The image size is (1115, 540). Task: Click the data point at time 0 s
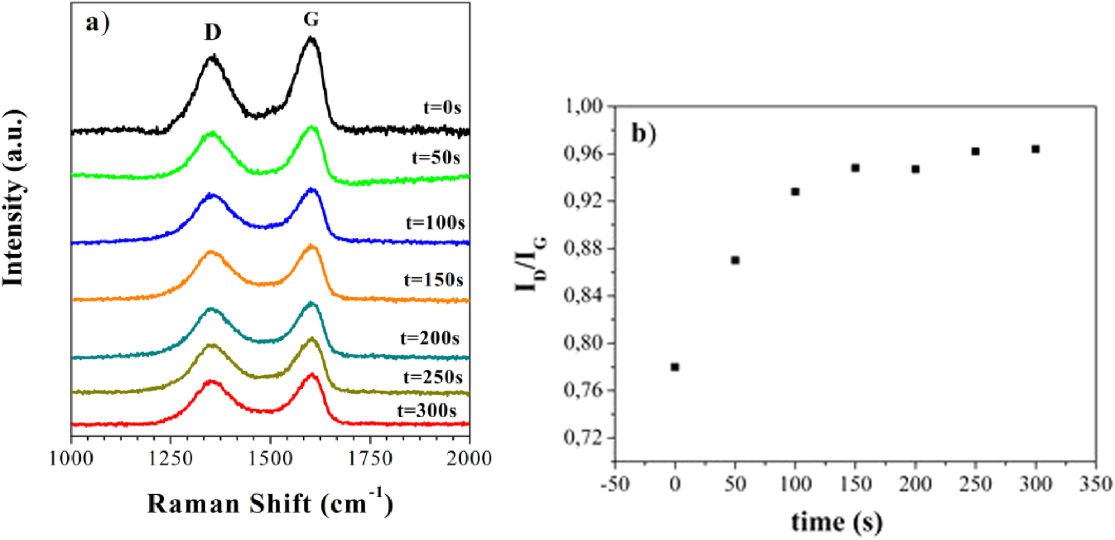tap(675, 367)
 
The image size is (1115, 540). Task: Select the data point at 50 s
tap(735, 261)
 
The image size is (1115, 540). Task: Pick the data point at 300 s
tap(1035, 149)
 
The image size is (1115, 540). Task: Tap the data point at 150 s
tap(855, 168)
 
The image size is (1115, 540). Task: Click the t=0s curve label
tap(442, 108)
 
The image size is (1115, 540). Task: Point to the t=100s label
tap(435, 222)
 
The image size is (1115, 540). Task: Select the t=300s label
tap(427, 411)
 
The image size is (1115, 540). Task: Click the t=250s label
tap(433, 377)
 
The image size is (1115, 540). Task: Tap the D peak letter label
tap(213, 33)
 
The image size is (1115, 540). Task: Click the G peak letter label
tap(311, 19)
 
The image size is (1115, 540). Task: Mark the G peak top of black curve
tap(310, 38)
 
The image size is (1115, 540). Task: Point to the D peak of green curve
tap(212, 132)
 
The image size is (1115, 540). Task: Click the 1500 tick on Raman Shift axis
tap(270, 459)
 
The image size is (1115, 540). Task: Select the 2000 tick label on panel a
tap(470, 459)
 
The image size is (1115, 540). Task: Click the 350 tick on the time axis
tap(1096, 484)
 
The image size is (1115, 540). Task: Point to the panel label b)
tap(644, 134)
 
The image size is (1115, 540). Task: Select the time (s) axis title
tap(837, 521)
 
